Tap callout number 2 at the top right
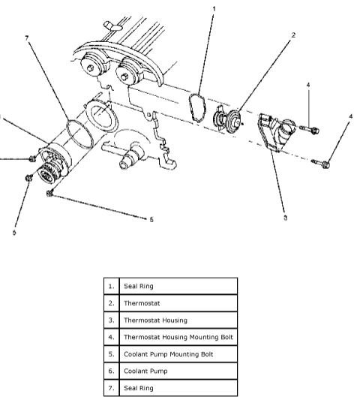[292, 35]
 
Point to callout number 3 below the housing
[285, 218]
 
